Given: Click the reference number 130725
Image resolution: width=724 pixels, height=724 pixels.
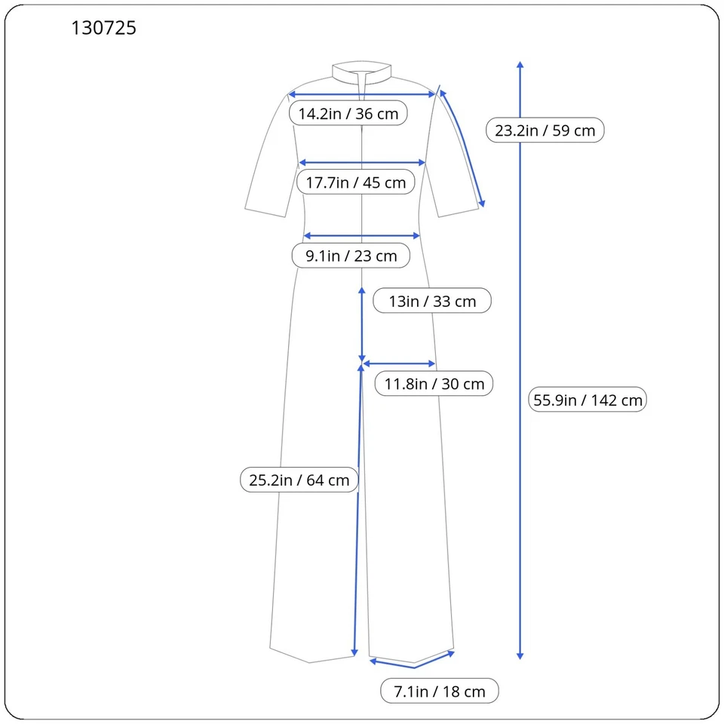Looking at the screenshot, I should (x=104, y=29).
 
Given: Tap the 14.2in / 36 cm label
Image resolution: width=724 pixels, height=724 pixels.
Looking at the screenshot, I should (x=348, y=114).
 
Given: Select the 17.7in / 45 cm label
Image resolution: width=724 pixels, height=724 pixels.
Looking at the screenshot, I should (x=355, y=183).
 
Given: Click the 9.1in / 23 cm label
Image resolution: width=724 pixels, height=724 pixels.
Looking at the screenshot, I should (x=351, y=256).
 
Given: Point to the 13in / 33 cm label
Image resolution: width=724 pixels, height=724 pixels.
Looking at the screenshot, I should (x=432, y=301).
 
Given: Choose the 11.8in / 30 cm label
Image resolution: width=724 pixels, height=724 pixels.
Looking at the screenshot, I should (x=434, y=384).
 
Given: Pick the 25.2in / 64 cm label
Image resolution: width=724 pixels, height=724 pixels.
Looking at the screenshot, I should (x=299, y=480).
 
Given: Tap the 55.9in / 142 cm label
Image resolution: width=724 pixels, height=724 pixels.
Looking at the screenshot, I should (x=587, y=400).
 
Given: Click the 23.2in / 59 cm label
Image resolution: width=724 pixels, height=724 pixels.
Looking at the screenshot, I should (x=545, y=130).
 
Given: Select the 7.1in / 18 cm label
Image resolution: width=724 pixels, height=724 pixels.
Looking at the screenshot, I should (x=439, y=692).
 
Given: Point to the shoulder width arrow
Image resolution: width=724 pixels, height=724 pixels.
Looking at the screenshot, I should (x=362, y=94).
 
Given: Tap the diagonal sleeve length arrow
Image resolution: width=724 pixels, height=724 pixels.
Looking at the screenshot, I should (x=462, y=148).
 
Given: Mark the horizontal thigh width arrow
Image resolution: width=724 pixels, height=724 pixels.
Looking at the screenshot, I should (x=399, y=364).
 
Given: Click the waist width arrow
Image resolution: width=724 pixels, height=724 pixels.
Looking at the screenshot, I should (x=362, y=236).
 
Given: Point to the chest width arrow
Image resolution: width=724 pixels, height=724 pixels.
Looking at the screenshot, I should (x=362, y=162).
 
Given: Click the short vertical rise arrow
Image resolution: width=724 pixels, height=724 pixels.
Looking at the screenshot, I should (x=362, y=324).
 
